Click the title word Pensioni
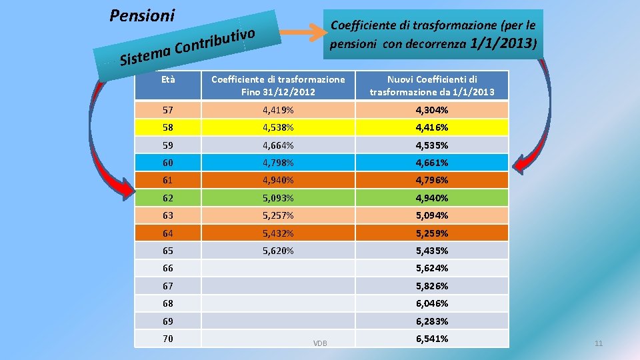pos(142,15)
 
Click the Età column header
pos(168,79)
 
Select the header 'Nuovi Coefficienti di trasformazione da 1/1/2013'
pos(432,85)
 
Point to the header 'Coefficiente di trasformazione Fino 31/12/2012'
pos(278,85)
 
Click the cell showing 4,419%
pos(278,110)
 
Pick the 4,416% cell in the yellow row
pos(432,127)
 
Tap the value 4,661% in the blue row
pos(432,163)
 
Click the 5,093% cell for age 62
pos(278,198)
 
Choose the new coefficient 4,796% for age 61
pos(432,180)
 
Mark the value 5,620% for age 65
pos(278,251)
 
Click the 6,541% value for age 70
pos(432,339)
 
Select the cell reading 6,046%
pos(432,303)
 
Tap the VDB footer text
pos(321,343)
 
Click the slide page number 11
pos(598,343)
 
